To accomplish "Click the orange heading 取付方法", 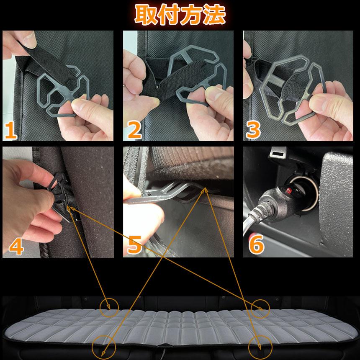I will (x=180, y=15).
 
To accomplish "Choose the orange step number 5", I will (x=135, y=246).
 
